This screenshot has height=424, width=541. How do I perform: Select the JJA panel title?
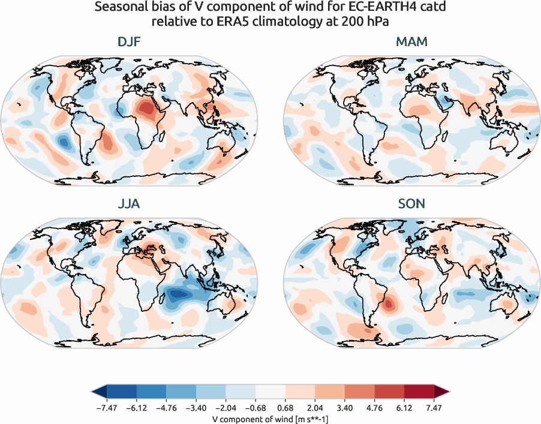130,204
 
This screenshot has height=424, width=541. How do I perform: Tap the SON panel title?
411,204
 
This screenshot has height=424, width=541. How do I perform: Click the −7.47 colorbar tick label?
106,407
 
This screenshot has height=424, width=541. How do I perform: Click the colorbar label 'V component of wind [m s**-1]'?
270,419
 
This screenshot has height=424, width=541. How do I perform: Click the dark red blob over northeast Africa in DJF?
146,109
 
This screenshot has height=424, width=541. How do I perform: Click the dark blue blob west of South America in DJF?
63,142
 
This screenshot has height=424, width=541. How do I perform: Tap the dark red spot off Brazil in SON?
388,303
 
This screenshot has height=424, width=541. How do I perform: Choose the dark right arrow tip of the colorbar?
445,392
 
